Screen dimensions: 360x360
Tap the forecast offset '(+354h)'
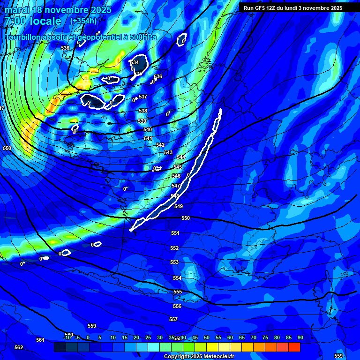click(x=83, y=21)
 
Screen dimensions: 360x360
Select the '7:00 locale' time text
click(x=33, y=21)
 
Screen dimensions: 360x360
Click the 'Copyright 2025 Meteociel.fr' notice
click(x=199, y=357)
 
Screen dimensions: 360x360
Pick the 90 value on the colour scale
click(x=300, y=338)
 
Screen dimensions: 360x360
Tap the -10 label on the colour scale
click(x=67, y=338)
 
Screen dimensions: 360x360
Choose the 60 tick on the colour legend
click(x=230, y=338)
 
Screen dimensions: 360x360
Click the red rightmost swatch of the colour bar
click(x=294, y=347)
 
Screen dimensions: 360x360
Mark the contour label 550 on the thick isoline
click(x=186, y=218)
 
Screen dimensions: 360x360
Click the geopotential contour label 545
click(x=178, y=167)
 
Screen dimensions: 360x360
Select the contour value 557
click(x=173, y=319)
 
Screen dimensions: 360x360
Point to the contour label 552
click(x=174, y=248)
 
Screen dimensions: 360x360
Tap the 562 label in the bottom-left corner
click(x=19, y=347)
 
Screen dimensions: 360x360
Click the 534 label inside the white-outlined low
click(x=135, y=62)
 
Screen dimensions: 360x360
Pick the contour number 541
click(x=148, y=138)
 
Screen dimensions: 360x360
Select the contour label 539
click(x=142, y=121)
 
